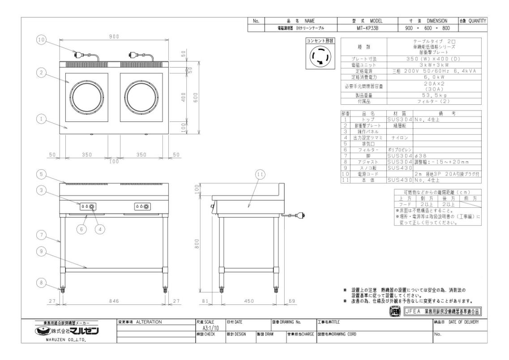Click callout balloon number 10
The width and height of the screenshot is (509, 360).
point(41,40)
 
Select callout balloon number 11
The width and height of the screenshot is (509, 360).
point(261,175)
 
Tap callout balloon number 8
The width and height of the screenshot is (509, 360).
point(41,283)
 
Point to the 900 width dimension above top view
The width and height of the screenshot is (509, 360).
point(114,36)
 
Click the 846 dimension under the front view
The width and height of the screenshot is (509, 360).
point(114,301)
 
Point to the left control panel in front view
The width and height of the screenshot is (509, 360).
point(88,206)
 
